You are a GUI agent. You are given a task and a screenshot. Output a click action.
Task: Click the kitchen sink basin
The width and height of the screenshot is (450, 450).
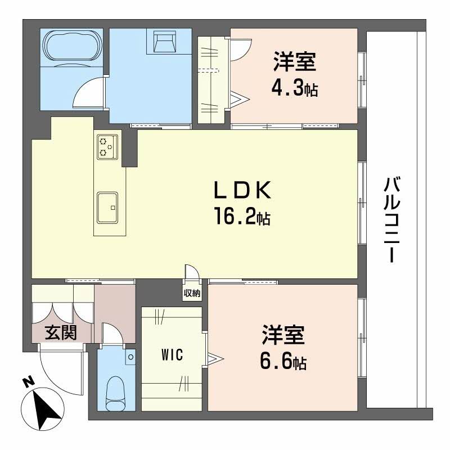(107, 208)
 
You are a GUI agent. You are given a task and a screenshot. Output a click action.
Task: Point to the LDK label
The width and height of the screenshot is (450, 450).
(242, 190)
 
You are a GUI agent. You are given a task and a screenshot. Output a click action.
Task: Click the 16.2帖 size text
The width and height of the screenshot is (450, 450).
(242, 217)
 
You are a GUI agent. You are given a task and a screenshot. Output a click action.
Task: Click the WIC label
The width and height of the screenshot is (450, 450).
(172, 355)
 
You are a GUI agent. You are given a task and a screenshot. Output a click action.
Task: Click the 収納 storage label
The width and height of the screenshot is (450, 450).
(192, 294)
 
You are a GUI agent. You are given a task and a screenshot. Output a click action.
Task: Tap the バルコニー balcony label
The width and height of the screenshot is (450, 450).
(391, 219)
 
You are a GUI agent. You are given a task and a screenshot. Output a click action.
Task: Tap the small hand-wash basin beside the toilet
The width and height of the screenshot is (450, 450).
(130, 357)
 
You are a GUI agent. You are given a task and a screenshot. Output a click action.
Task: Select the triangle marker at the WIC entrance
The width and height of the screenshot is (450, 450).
(214, 358)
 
